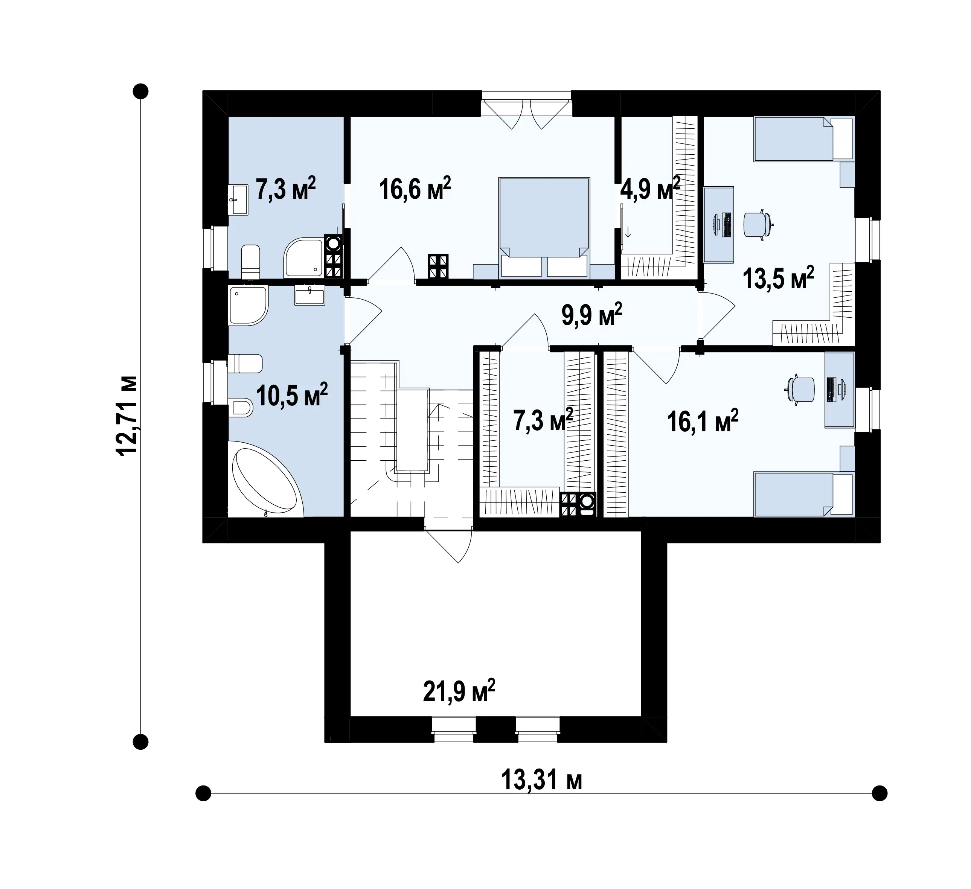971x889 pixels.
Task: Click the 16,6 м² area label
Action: click(415, 188)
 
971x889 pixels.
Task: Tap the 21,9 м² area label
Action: click(459, 691)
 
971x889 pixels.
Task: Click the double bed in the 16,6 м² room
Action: click(544, 228)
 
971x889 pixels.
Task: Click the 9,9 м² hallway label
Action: click(591, 315)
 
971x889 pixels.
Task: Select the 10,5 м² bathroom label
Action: click(292, 395)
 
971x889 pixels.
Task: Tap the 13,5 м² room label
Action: click(778, 278)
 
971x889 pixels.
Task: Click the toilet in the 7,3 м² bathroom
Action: click(250, 262)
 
